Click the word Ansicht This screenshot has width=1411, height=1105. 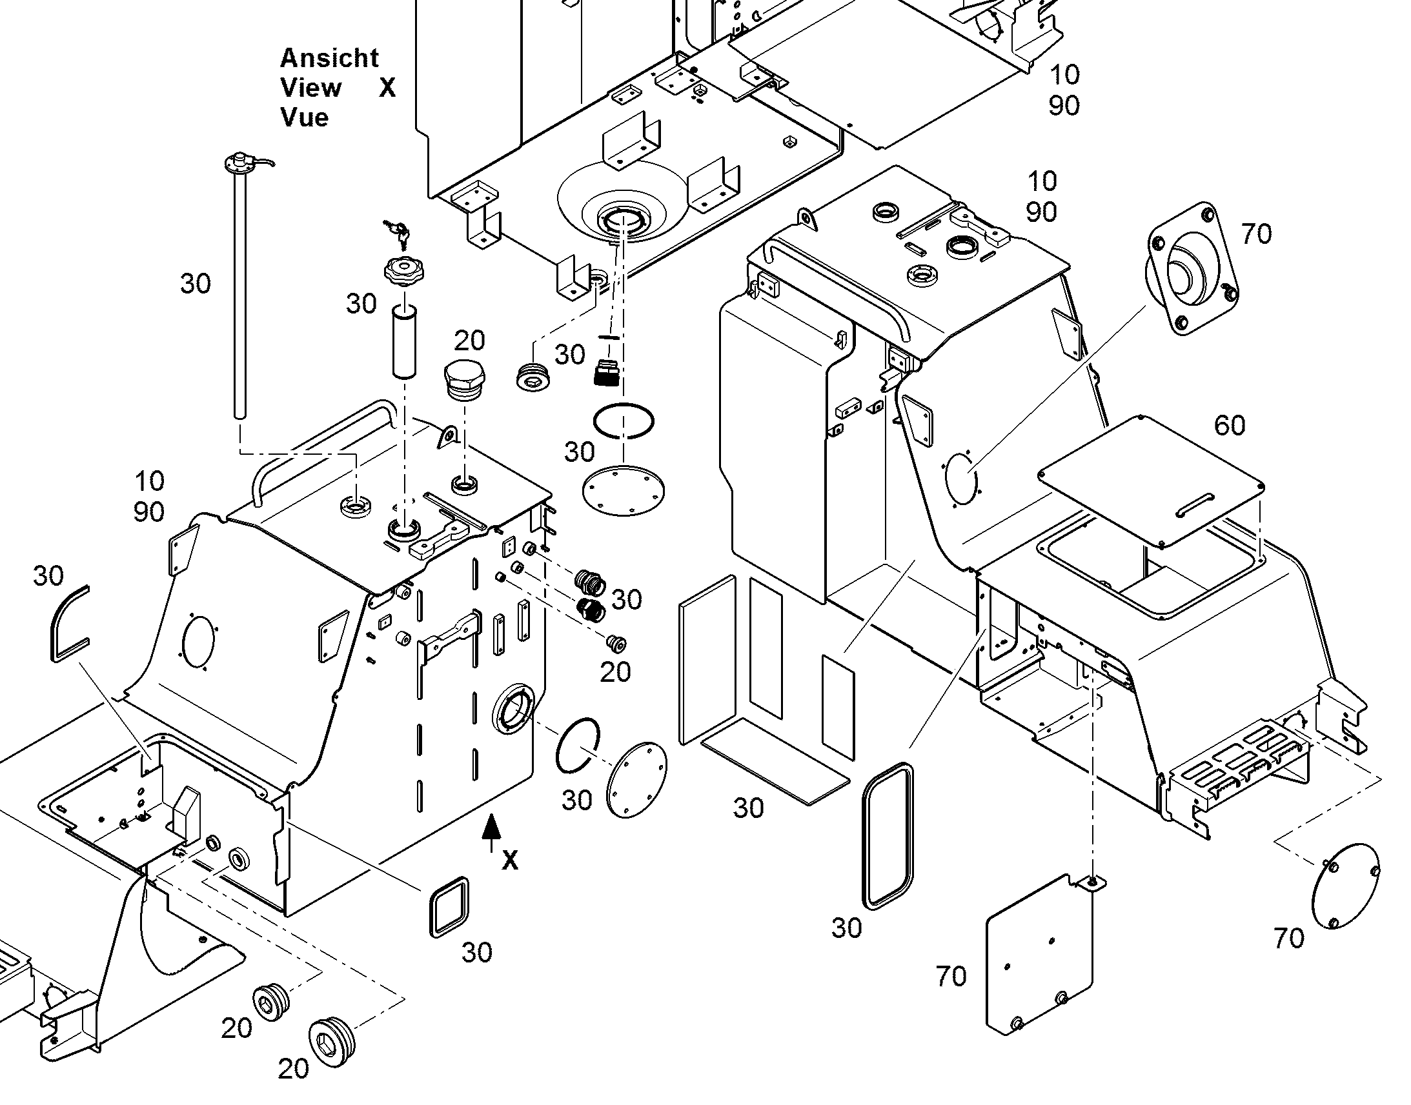click(x=329, y=58)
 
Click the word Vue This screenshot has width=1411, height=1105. click(x=304, y=118)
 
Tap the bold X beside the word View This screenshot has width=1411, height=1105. click(x=387, y=87)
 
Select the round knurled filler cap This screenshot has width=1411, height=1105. click(x=403, y=270)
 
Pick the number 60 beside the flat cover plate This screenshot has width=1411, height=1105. click(x=1230, y=425)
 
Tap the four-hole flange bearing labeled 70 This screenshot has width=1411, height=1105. click(x=1192, y=268)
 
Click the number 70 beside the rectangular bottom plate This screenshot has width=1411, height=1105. click(x=951, y=976)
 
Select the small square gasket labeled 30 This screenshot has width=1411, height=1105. click(x=449, y=907)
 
